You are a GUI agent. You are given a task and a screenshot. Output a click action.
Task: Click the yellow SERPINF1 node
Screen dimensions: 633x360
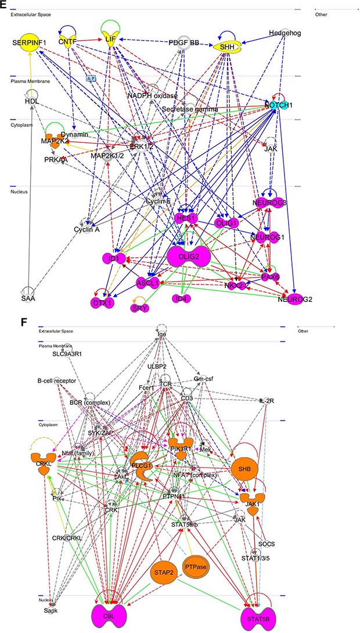click(32, 43)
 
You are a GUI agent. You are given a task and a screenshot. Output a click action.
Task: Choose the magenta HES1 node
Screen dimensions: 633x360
click(186, 218)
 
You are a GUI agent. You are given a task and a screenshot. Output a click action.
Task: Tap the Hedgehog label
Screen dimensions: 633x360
click(285, 33)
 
